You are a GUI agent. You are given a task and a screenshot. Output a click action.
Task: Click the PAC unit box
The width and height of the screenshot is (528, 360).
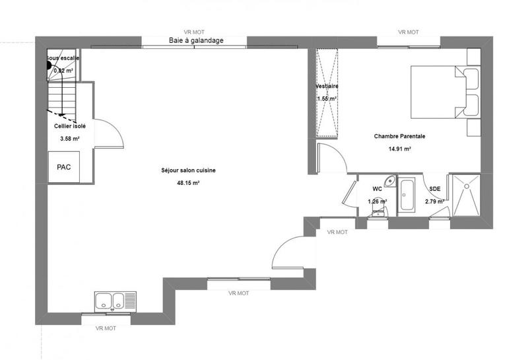tap(63, 166)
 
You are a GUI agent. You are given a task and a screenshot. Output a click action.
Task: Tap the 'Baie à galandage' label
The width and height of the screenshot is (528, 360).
tap(196, 40)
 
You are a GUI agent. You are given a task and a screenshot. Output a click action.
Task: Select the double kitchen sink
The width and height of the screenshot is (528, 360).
tap(115, 301)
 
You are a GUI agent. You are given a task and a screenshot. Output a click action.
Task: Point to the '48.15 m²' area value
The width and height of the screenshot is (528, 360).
tap(189, 183)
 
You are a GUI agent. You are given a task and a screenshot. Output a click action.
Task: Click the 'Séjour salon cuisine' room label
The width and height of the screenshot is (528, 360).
tap(188, 170)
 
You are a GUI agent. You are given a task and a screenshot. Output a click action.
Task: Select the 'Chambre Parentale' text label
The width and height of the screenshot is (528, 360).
tap(399, 137)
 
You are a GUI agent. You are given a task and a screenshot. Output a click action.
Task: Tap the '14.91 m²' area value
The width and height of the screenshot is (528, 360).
tap(400, 149)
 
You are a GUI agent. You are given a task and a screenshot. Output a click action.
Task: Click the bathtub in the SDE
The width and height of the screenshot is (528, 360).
tap(407, 196)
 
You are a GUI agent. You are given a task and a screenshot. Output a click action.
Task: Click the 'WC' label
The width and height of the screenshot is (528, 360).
tap(377, 188)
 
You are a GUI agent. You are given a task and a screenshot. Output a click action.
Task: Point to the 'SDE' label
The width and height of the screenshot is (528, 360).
tap(434, 188)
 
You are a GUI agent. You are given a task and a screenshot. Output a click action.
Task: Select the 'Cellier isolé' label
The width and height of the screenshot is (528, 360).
tap(69, 125)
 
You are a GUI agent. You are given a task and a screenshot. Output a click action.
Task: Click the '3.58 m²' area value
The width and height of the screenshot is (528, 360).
tap(69, 139)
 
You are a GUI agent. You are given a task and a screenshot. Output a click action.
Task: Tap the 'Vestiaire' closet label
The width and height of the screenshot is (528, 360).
tap(327, 87)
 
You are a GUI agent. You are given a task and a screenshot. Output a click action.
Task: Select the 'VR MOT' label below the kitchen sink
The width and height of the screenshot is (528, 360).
tap(106, 328)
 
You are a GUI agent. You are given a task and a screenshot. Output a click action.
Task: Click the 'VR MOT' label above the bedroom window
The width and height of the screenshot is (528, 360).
tap(409, 32)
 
